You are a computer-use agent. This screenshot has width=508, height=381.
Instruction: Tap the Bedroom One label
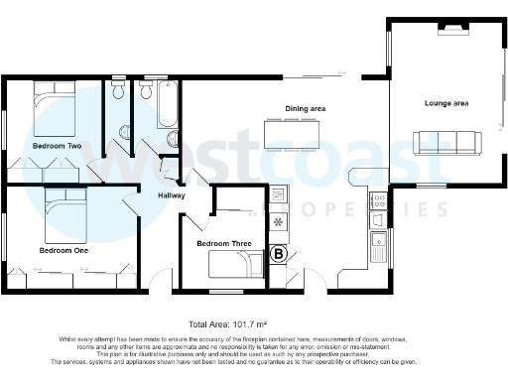tap(63, 251)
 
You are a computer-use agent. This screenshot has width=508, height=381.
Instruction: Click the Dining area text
tap(307, 107)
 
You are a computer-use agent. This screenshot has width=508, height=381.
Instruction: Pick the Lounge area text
tap(446, 103)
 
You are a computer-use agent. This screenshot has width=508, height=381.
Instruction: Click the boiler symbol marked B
tap(279, 253)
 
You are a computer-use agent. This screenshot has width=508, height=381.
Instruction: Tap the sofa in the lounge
tap(444, 143)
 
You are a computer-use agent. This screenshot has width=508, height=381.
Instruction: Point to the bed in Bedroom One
tap(66, 211)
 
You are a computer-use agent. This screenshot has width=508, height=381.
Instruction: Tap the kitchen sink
tap(378, 243)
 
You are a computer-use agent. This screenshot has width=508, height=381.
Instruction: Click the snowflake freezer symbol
tap(278, 220)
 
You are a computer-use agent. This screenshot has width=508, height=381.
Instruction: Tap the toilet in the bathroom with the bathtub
tap(172, 138)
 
